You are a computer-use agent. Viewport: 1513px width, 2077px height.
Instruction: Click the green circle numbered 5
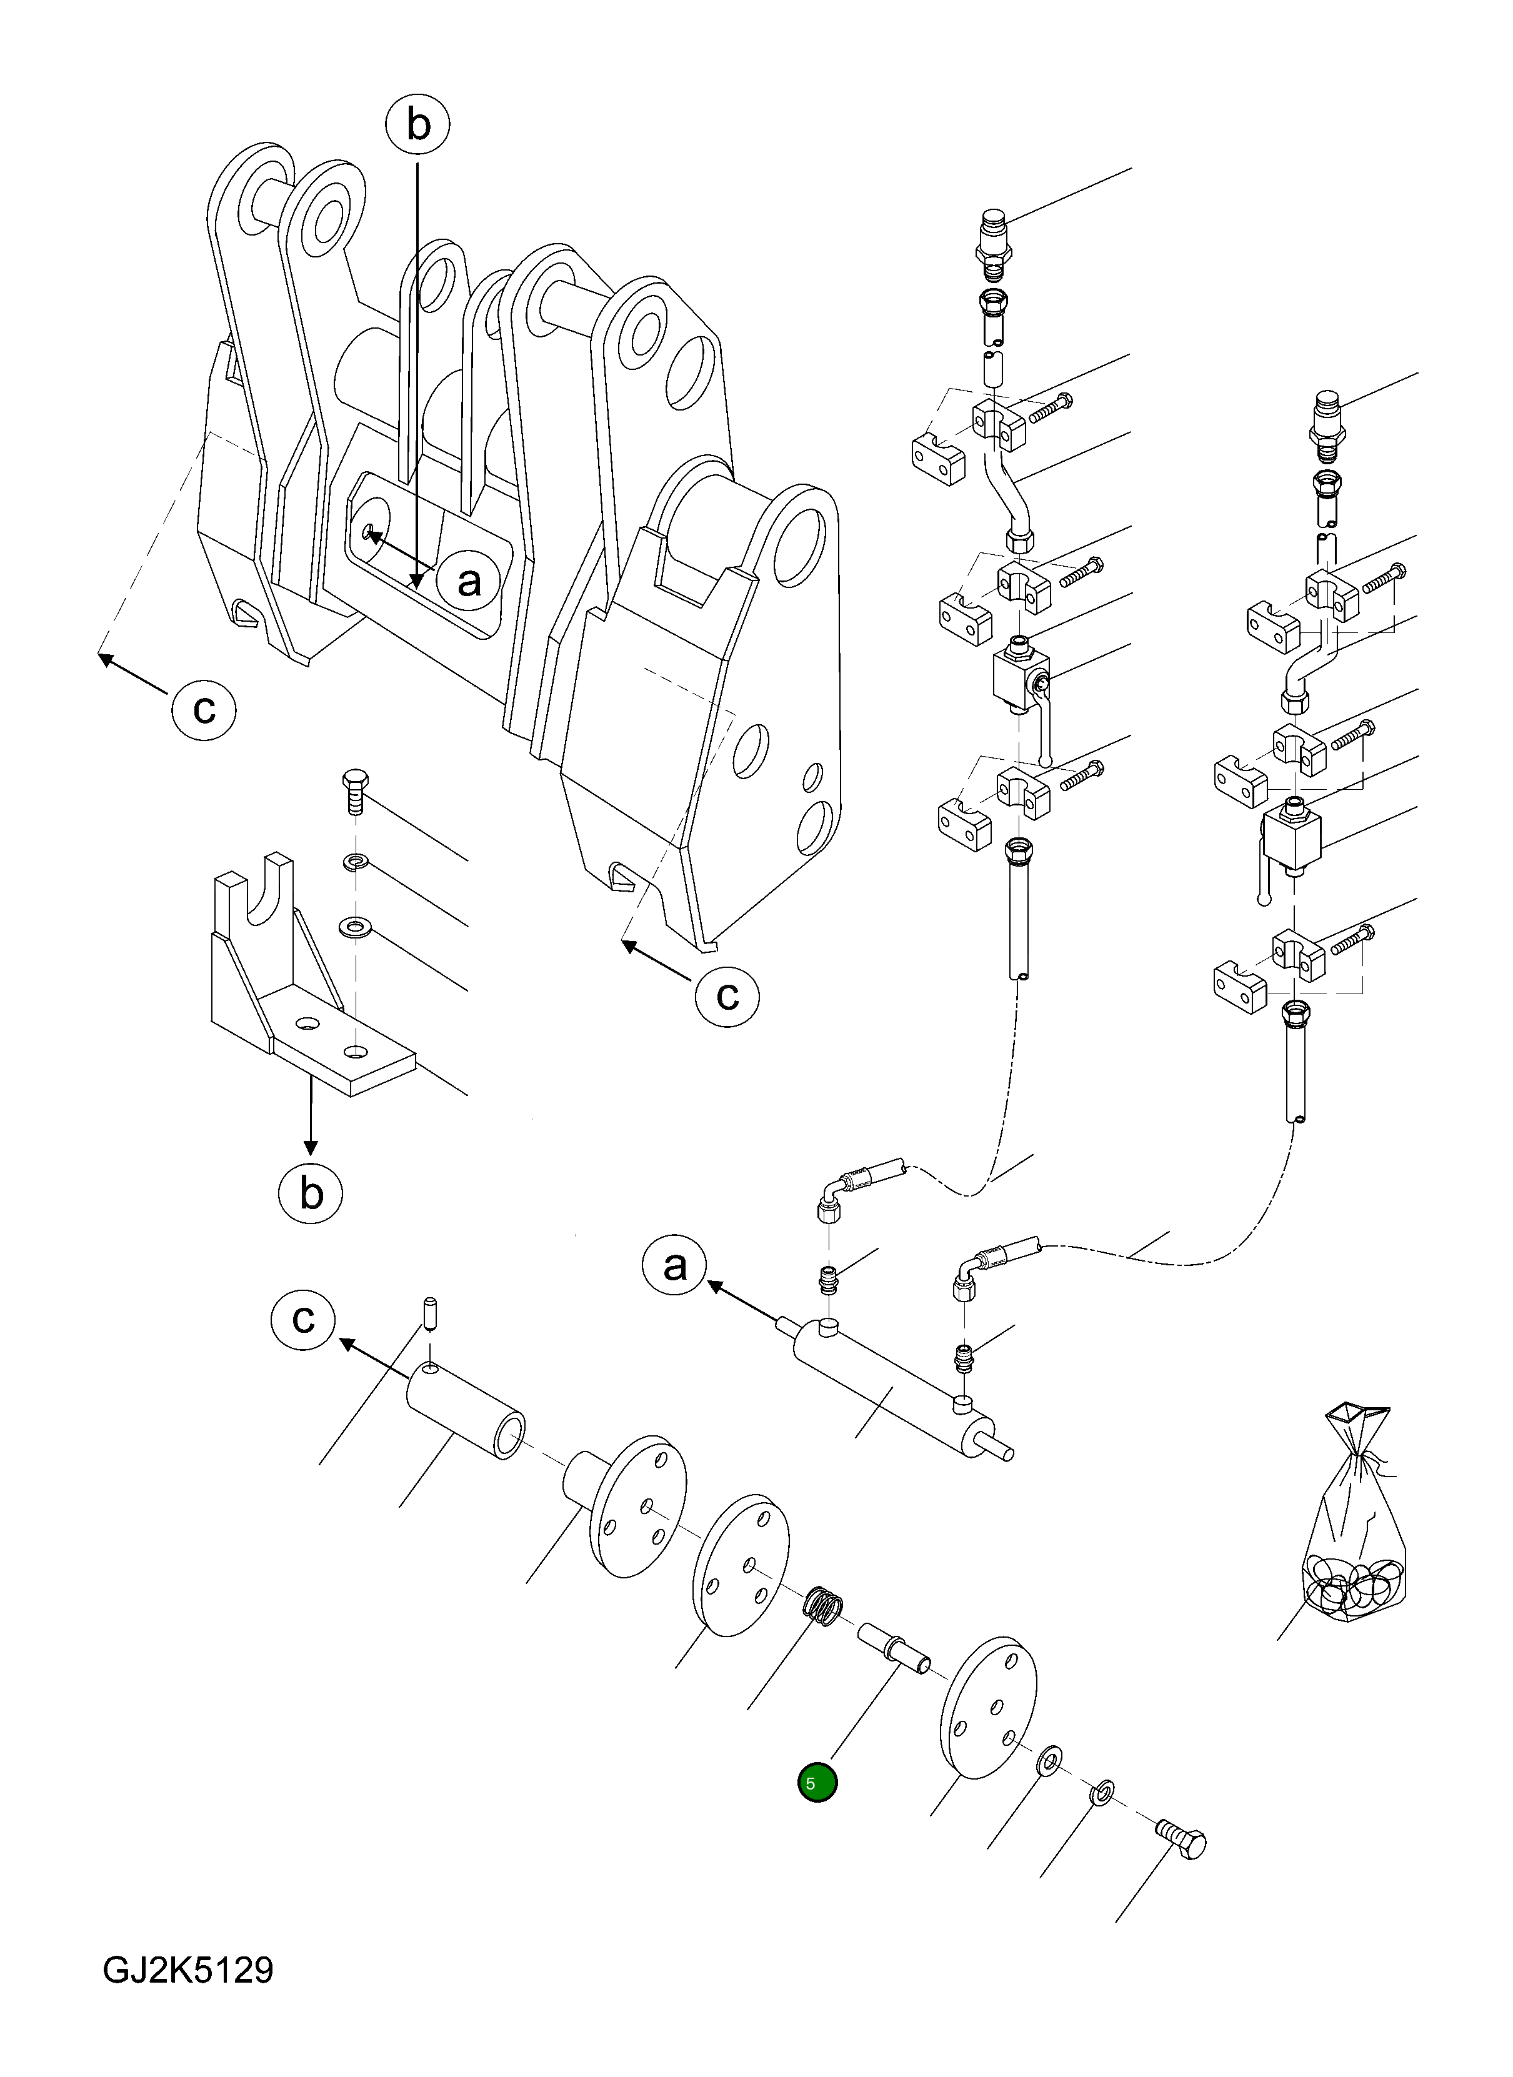(x=817, y=1783)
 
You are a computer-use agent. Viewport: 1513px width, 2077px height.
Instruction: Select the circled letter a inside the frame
(x=469, y=580)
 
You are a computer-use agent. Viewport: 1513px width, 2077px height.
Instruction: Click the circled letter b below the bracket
(x=311, y=1193)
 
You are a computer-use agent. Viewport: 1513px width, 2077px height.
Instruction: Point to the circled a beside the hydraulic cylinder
(x=675, y=1267)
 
